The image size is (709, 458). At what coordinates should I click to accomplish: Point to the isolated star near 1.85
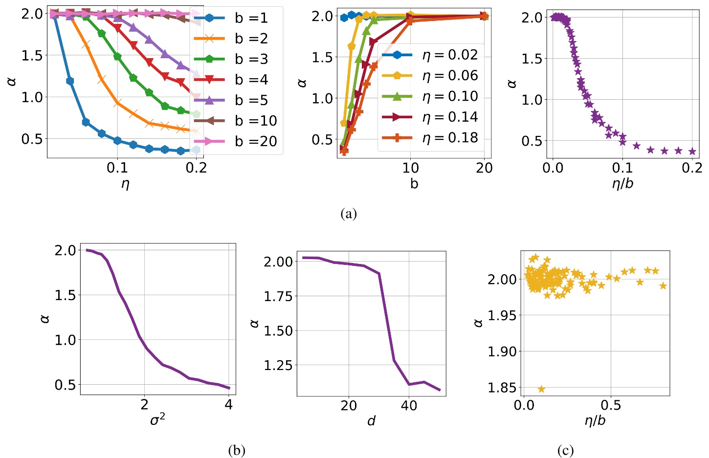tap(541, 389)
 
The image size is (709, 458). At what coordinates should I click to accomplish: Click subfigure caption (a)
tap(349, 214)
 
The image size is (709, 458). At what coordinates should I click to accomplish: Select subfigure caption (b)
tap(237, 450)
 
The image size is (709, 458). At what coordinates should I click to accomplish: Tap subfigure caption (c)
tap(565, 450)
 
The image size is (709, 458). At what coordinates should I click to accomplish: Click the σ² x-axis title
tap(157, 419)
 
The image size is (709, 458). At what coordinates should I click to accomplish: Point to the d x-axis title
tap(371, 421)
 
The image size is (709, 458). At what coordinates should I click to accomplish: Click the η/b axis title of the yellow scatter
tap(595, 421)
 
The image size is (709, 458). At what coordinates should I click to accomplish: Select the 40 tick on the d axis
tap(409, 406)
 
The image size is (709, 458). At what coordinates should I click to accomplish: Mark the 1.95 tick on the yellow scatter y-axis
tap(502, 315)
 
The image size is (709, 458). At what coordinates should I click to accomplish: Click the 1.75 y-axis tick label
tap(278, 296)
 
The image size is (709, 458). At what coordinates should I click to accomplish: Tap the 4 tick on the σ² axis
tap(228, 405)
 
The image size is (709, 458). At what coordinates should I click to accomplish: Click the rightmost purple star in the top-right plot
tap(692, 152)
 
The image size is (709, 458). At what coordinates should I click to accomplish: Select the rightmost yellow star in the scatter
tap(663, 286)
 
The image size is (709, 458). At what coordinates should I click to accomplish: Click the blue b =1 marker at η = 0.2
tap(196, 150)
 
